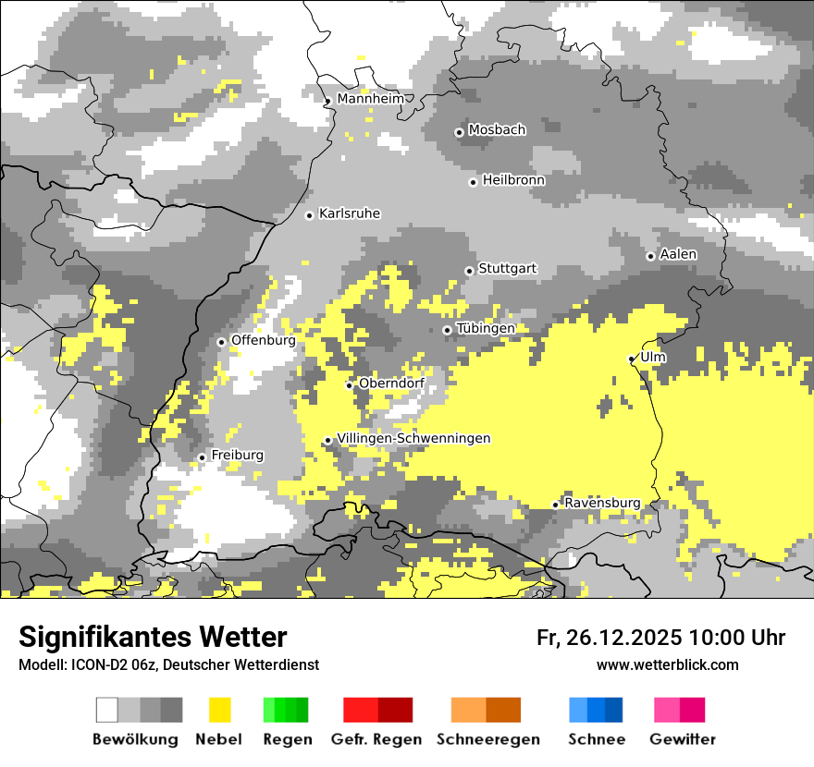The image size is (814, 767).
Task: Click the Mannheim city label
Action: [371, 99]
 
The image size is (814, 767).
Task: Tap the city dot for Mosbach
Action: [459, 132]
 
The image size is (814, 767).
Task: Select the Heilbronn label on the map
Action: [513, 180]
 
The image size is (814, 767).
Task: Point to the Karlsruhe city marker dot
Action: [310, 215]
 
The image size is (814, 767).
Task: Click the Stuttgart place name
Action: [508, 269]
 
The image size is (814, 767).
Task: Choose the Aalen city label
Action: [678, 254]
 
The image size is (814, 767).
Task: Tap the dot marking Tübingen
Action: [448, 330]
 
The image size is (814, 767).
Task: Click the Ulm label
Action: [652, 357]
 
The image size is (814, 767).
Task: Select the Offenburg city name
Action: [263, 340]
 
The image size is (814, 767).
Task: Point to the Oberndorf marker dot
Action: [350, 385]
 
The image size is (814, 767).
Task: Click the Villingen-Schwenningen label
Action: [413, 438]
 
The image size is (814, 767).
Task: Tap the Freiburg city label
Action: [237, 456]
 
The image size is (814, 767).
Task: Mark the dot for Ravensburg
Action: [555, 505]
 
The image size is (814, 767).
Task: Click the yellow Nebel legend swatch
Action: [219, 710]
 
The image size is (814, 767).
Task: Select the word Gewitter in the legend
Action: [683, 739]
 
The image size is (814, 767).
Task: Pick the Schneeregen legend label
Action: [488, 739]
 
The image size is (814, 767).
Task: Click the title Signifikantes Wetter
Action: [153, 637]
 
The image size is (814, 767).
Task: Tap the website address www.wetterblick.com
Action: [667, 664]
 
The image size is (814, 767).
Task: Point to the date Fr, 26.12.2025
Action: [609, 638]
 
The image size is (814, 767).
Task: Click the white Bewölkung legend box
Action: [107, 710]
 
